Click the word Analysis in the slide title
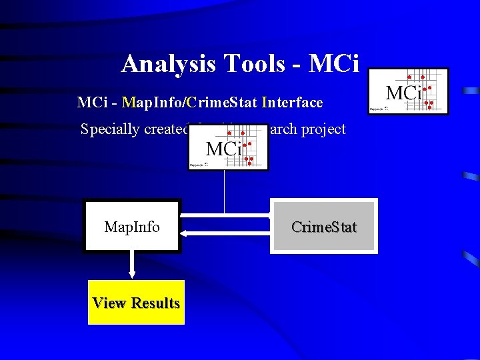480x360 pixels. (x=168, y=64)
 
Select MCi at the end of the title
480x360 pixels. (x=335, y=64)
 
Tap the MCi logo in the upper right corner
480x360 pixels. (x=409, y=91)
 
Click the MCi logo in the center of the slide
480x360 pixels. (x=228, y=149)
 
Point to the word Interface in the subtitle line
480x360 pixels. (x=293, y=103)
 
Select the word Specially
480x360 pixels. (x=110, y=129)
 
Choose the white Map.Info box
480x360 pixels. (x=132, y=227)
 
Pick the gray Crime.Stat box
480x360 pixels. (x=323, y=227)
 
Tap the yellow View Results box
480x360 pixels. (x=136, y=303)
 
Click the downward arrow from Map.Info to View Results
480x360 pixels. (x=132, y=265)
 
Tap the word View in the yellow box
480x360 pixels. (x=109, y=303)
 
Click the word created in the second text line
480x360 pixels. (x=167, y=129)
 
